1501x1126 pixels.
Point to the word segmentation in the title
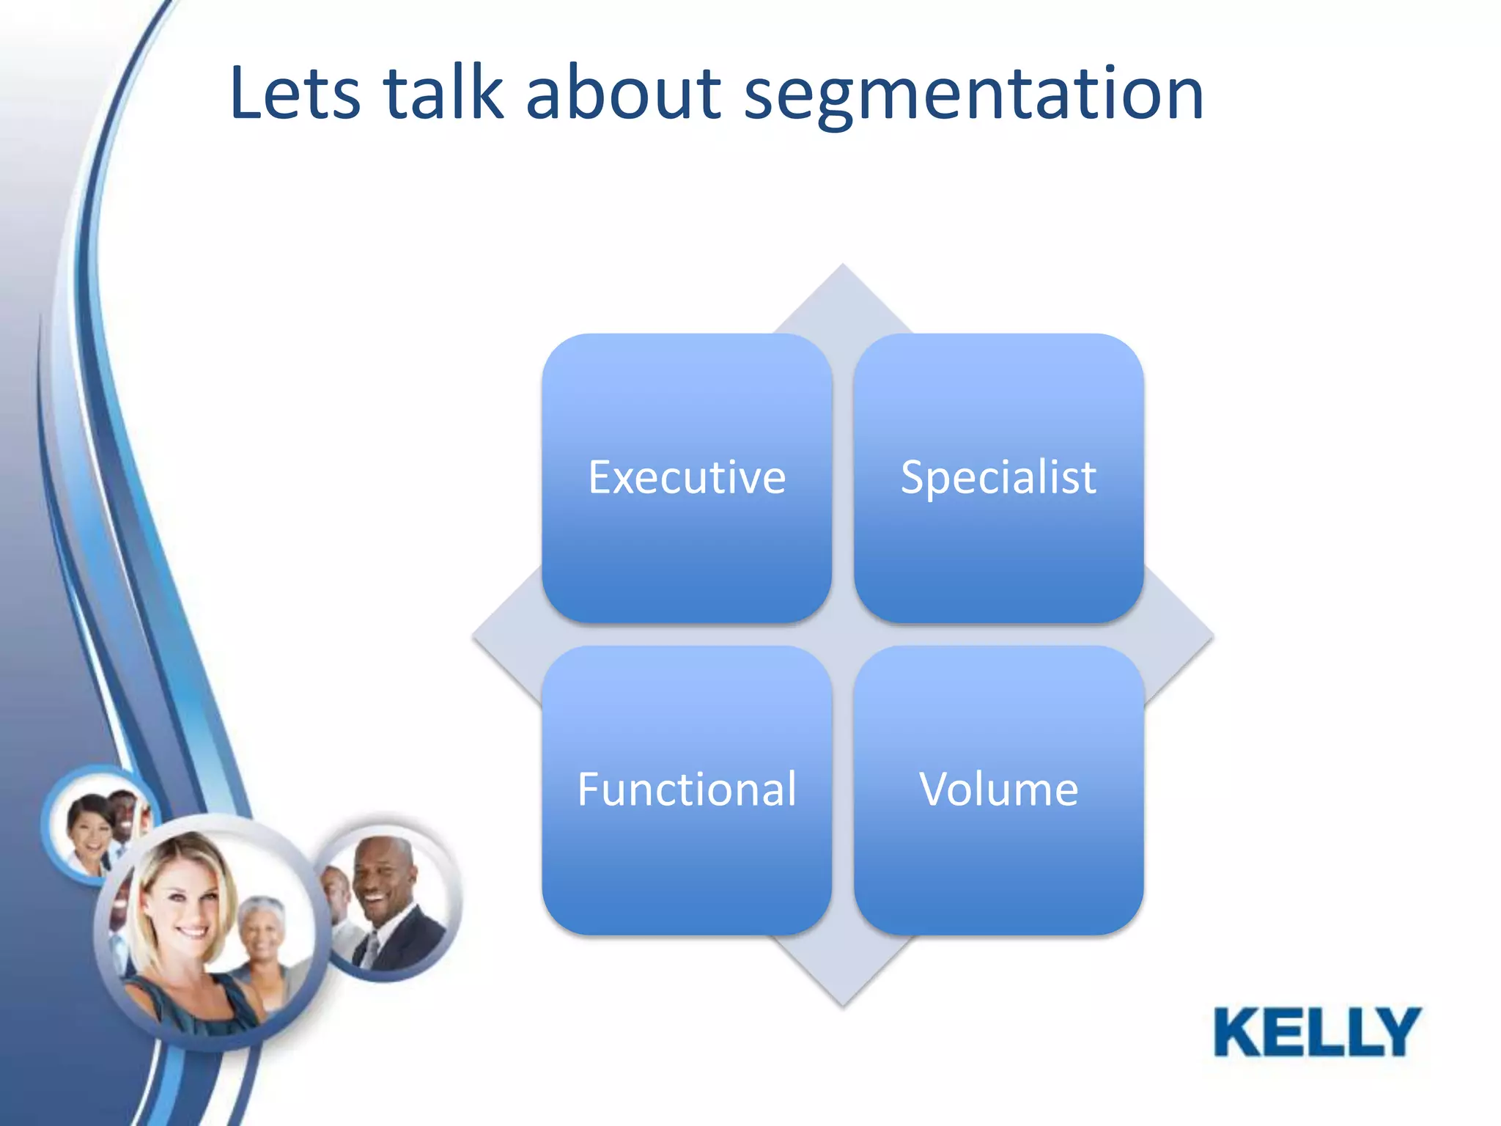[x=973, y=95]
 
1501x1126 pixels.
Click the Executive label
[x=687, y=478]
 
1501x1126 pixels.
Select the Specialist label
[x=998, y=478]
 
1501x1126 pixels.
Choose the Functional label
[x=687, y=790]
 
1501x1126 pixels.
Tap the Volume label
[x=998, y=790]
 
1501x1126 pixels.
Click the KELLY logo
[x=1317, y=1031]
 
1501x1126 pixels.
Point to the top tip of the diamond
[x=843, y=267]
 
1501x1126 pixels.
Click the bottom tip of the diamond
[x=843, y=1003]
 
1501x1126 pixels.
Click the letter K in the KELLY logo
[x=1239, y=1031]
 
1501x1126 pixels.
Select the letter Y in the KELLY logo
[x=1396, y=1031]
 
